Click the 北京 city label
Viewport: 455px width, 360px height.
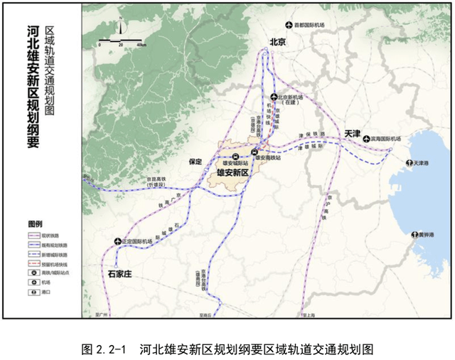pyautogui.click(x=276, y=43)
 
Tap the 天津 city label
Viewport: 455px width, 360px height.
pyautogui.click(x=352, y=133)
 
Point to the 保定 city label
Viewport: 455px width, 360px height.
pyautogui.click(x=196, y=162)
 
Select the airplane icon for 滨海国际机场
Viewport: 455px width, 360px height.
pyautogui.click(x=367, y=139)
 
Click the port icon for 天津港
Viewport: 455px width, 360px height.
pyautogui.click(x=409, y=164)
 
